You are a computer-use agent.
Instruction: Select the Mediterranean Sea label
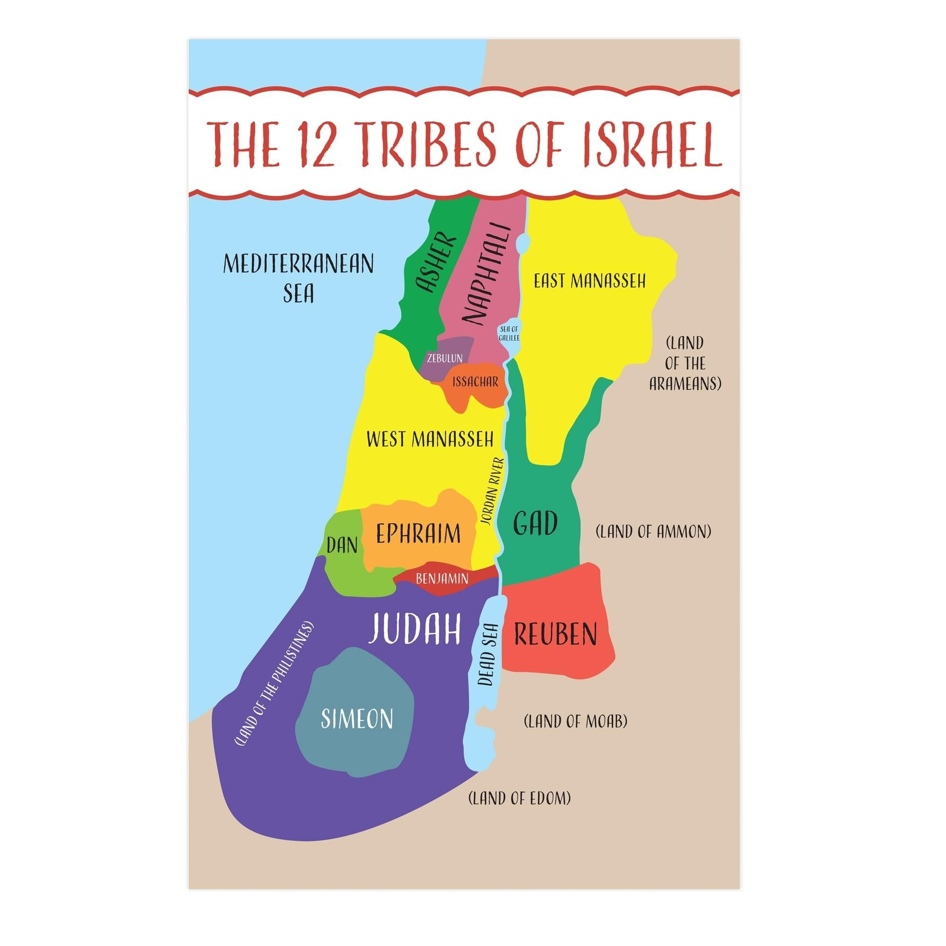(298, 278)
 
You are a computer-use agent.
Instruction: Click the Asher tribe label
(435, 263)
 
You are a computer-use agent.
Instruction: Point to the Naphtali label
(486, 275)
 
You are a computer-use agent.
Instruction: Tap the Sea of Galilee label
(509, 333)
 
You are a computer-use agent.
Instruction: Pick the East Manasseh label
(589, 281)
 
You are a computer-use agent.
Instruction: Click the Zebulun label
(445, 358)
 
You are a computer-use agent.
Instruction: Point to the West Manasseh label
(430, 439)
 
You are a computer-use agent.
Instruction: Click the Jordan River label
(492, 491)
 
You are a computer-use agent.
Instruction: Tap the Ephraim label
(418, 533)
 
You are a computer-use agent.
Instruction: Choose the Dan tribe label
(342, 544)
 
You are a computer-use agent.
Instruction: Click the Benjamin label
(442, 579)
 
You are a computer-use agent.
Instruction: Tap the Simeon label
(357, 719)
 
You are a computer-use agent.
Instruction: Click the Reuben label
(555, 635)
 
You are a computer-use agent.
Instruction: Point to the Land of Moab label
(575, 721)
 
